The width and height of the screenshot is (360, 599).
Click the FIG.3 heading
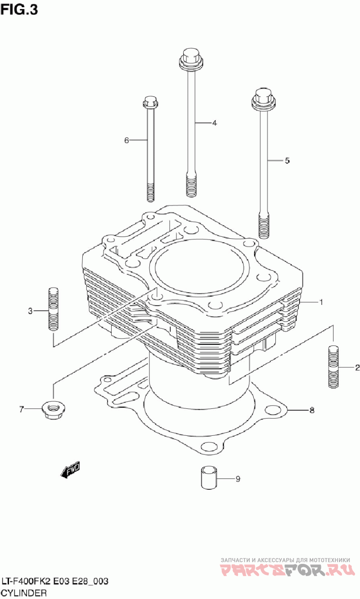click(19, 10)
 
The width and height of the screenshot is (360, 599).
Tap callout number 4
click(215, 123)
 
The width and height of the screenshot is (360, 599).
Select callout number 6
click(126, 140)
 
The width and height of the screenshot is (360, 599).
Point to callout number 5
click(287, 161)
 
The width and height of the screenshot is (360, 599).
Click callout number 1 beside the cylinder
click(321, 302)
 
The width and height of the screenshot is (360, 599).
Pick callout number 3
click(30, 311)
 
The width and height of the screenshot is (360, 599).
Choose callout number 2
click(357, 368)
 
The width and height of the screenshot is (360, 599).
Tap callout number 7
click(21, 409)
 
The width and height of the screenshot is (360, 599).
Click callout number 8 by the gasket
click(311, 410)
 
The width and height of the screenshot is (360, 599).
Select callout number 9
click(238, 479)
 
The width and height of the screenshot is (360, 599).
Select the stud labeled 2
click(333, 366)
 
